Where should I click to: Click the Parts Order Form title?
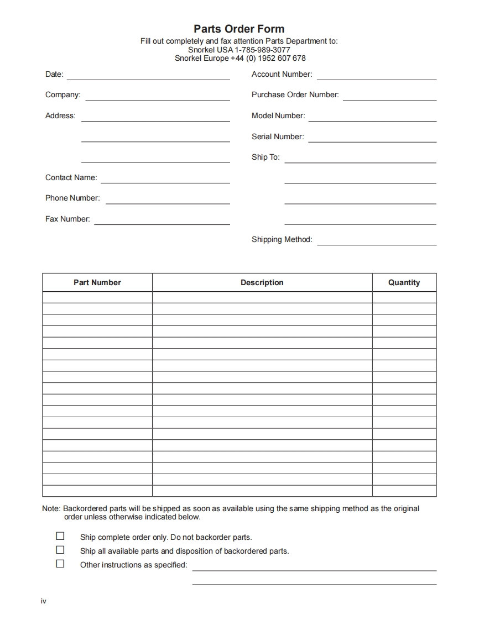(x=239, y=29)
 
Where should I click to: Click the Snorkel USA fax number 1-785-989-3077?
(x=258, y=50)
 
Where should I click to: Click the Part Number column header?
(x=97, y=282)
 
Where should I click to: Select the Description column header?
(x=262, y=282)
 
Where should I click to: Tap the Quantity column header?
(x=404, y=282)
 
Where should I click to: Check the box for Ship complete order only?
(x=60, y=536)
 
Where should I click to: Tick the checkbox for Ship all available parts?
(x=60, y=550)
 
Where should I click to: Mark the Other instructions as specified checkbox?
(x=60, y=564)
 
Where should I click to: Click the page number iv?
(x=43, y=601)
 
